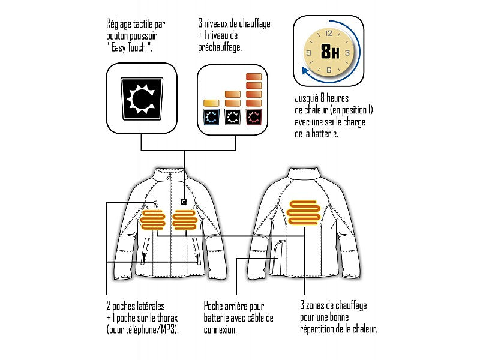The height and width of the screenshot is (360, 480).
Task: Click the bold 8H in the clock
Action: (330, 52)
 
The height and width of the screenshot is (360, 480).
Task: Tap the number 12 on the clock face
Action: (329, 34)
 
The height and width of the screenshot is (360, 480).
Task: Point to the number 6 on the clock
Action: (329, 70)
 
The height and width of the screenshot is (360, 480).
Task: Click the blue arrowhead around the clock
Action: (305, 71)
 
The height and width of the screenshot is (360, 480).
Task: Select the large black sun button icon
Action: (142, 98)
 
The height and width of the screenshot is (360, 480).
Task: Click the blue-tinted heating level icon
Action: (211, 117)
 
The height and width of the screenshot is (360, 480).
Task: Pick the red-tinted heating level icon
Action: (254, 117)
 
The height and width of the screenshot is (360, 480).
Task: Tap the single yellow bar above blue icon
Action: (211, 103)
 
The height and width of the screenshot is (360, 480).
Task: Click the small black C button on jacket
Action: (184, 202)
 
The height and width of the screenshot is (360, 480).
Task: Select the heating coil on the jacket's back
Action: (304, 213)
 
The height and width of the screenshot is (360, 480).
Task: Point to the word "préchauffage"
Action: (220, 48)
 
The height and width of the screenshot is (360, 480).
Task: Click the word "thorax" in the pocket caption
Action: (167, 318)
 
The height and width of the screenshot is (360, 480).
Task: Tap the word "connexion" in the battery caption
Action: (220, 329)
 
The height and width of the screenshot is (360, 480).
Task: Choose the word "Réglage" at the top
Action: (119, 25)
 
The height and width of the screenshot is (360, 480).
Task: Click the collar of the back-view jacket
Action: (305, 173)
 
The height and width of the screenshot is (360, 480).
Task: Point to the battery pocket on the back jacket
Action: (278, 258)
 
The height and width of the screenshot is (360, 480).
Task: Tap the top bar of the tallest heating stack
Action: (254, 77)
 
